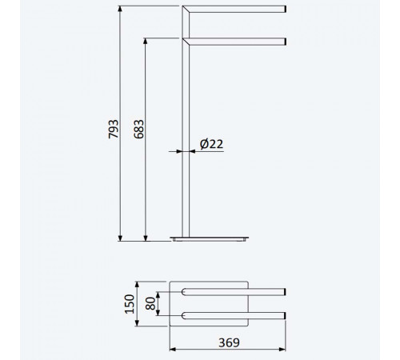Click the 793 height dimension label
[114, 129]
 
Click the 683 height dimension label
[138, 129]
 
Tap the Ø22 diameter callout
[211, 144]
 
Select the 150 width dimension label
[130, 304]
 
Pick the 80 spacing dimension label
[150, 303]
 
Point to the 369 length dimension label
[229, 342]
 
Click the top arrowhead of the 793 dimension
[120, 9]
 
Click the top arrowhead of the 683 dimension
[146, 42]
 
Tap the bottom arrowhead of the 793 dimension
[120, 238]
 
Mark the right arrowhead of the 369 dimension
[282, 349]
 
